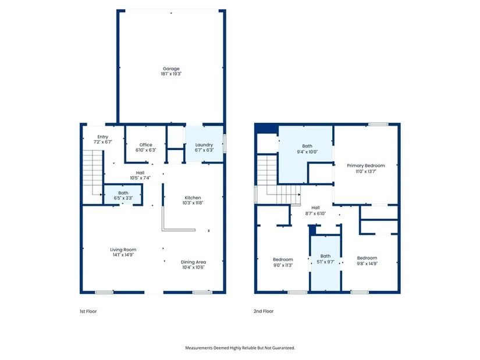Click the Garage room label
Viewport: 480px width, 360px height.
pyautogui.click(x=171, y=69)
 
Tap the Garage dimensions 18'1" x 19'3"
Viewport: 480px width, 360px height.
pyautogui.click(x=171, y=74)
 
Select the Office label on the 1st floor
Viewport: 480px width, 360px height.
pyautogui.click(x=145, y=145)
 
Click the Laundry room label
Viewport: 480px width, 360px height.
pyautogui.click(x=204, y=145)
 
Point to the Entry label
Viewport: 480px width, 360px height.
pyautogui.click(x=103, y=137)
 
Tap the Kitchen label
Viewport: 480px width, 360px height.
pyautogui.click(x=193, y=198)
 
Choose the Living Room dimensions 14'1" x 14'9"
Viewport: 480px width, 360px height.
pyautogui.click(x=123, y=255)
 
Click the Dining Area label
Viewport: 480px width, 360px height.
pyautogui.click(x=194, y=262)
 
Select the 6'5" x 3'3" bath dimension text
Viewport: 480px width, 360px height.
pyautogui.click(x=123, y=198)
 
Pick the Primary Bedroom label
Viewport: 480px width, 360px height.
pyautogui.click(x=366, y=166)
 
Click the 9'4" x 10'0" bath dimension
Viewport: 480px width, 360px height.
pyautogui.click(x=307, y=152)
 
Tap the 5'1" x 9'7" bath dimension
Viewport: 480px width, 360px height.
pyautogui.click(x=325, y=262)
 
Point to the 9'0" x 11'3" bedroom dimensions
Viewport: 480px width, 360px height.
pyautogui.click(x=283, y=265)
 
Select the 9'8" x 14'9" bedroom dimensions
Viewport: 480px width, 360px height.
pyautogui.click(x=367, y=263)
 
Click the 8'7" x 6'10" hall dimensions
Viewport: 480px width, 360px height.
pyautogui.click(x=315, y=213)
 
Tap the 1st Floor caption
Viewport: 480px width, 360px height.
pyautogui.click(x=88, y=311)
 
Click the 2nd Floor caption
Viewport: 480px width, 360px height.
pyautogui.click(x=264, y=311)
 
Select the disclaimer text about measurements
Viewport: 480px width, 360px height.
pyautogui.click(x=240, y=348)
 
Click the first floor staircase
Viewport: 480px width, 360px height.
pyautogui.click(x=93, y=172)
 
